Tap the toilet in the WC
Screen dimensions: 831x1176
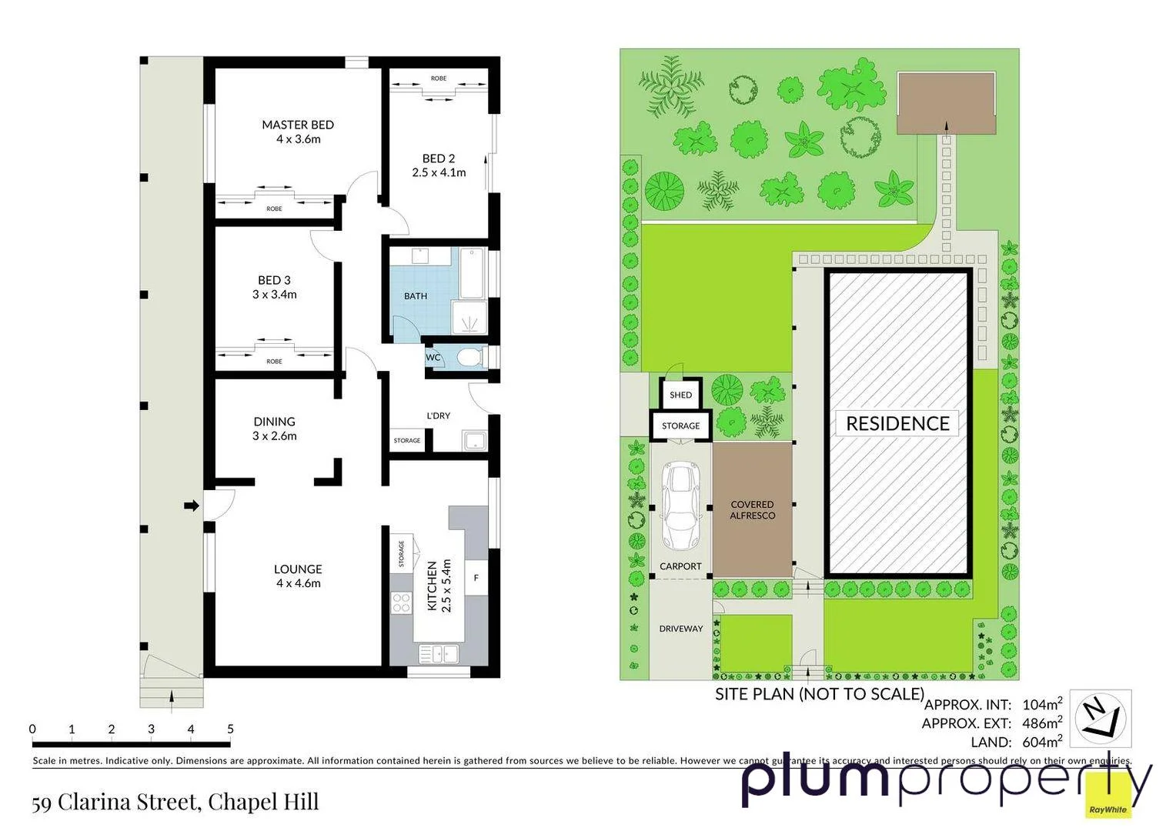(468, 357)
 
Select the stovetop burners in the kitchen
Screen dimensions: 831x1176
(401, 602)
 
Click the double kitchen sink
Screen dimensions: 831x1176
(439, 654)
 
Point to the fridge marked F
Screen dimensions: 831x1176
(476, 578)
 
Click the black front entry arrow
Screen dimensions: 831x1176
(191, 506)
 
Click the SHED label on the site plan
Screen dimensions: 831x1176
(680, 395)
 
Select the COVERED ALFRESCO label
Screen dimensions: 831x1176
(752, 510)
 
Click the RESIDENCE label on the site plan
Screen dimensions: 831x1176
(897, 424)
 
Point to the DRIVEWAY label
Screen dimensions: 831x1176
(680, 629)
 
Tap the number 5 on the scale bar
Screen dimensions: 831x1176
(230, 729)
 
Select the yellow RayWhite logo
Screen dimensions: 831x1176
(1108, 797)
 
